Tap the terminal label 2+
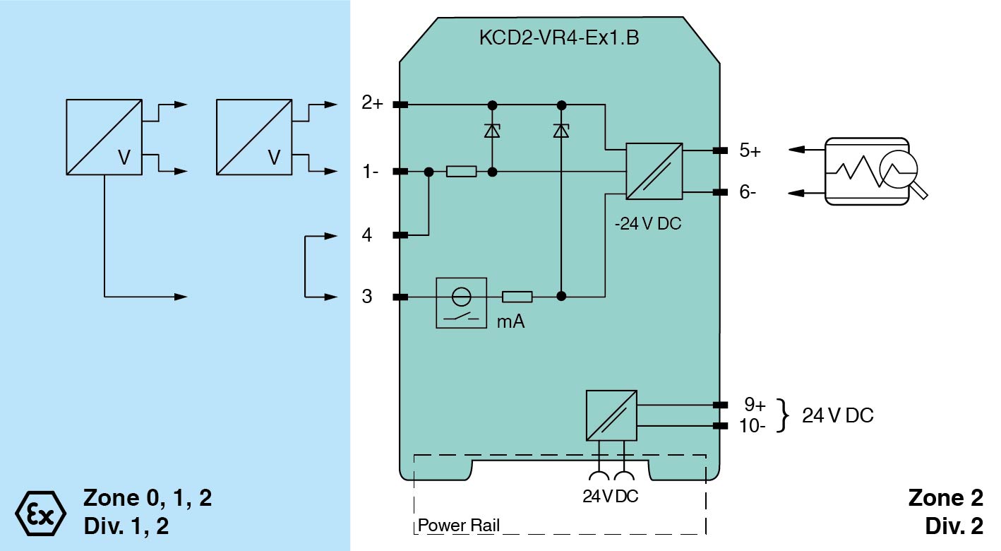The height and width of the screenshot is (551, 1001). pyautogui.click(x=371, y=104)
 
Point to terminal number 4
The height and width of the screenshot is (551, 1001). pyautogui.click(x=367, y=235)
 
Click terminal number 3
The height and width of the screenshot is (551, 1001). pyautogui.click(x=367, y=297)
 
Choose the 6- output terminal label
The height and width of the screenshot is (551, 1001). pyautogui.click(x=748, y=192)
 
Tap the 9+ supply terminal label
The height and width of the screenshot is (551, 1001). pyautogui.click(x=755, y=405)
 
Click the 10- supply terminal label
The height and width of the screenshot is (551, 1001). pyautogui.click(x=753, y=426)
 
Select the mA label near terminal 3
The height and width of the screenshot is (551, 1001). pyautogui.click(x=510, y=321)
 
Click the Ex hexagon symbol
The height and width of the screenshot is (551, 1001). pyautogui.click(x=40, y=511)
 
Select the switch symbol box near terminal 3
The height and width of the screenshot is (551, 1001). pyautogui.click(x=461, y=303)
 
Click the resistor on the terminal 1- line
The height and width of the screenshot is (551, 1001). pyautogui.click(x=462, y=172)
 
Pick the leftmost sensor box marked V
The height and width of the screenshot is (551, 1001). pyautogui.click(x=104, y=137)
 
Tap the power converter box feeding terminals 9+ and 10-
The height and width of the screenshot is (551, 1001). pyautogui.click(x=611, y=415)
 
